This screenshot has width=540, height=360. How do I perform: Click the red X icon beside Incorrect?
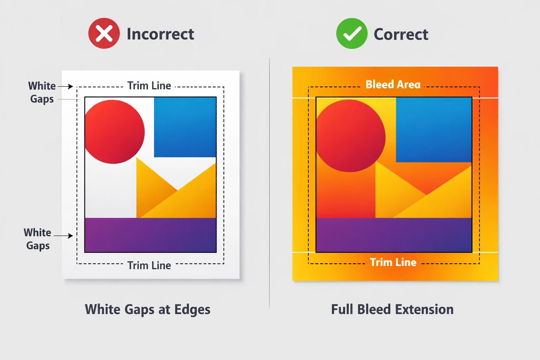[104, 33]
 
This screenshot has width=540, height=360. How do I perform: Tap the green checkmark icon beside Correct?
[352, 33]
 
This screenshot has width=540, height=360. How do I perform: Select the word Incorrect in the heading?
[160, 34]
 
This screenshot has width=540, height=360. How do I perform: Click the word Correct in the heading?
[401, 34]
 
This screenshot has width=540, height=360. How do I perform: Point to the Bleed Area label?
[393, 84]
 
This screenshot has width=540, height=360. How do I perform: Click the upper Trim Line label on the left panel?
[149, 86]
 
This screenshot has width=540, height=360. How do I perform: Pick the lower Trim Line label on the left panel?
[149, 265]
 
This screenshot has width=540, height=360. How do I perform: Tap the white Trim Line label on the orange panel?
[393, 262]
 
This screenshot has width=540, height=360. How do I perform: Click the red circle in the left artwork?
[114, 131]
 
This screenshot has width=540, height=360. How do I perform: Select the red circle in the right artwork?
[351, 136]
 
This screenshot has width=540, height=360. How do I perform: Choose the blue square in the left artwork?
[185, 127]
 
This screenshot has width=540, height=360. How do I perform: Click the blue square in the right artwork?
[434, 129]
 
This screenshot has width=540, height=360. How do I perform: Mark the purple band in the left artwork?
[150, 235]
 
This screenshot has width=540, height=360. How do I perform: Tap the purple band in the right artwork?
[394, 235]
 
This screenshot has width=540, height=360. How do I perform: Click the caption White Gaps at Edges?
[148, 309]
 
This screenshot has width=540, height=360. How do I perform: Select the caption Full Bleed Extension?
[392, 309]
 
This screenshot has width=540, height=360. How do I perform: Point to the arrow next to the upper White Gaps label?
[66, 86]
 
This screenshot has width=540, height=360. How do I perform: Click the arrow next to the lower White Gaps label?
[64, 236]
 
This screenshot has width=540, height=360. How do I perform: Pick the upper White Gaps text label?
[42, 92]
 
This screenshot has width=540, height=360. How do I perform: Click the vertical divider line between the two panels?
[270, 183]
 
